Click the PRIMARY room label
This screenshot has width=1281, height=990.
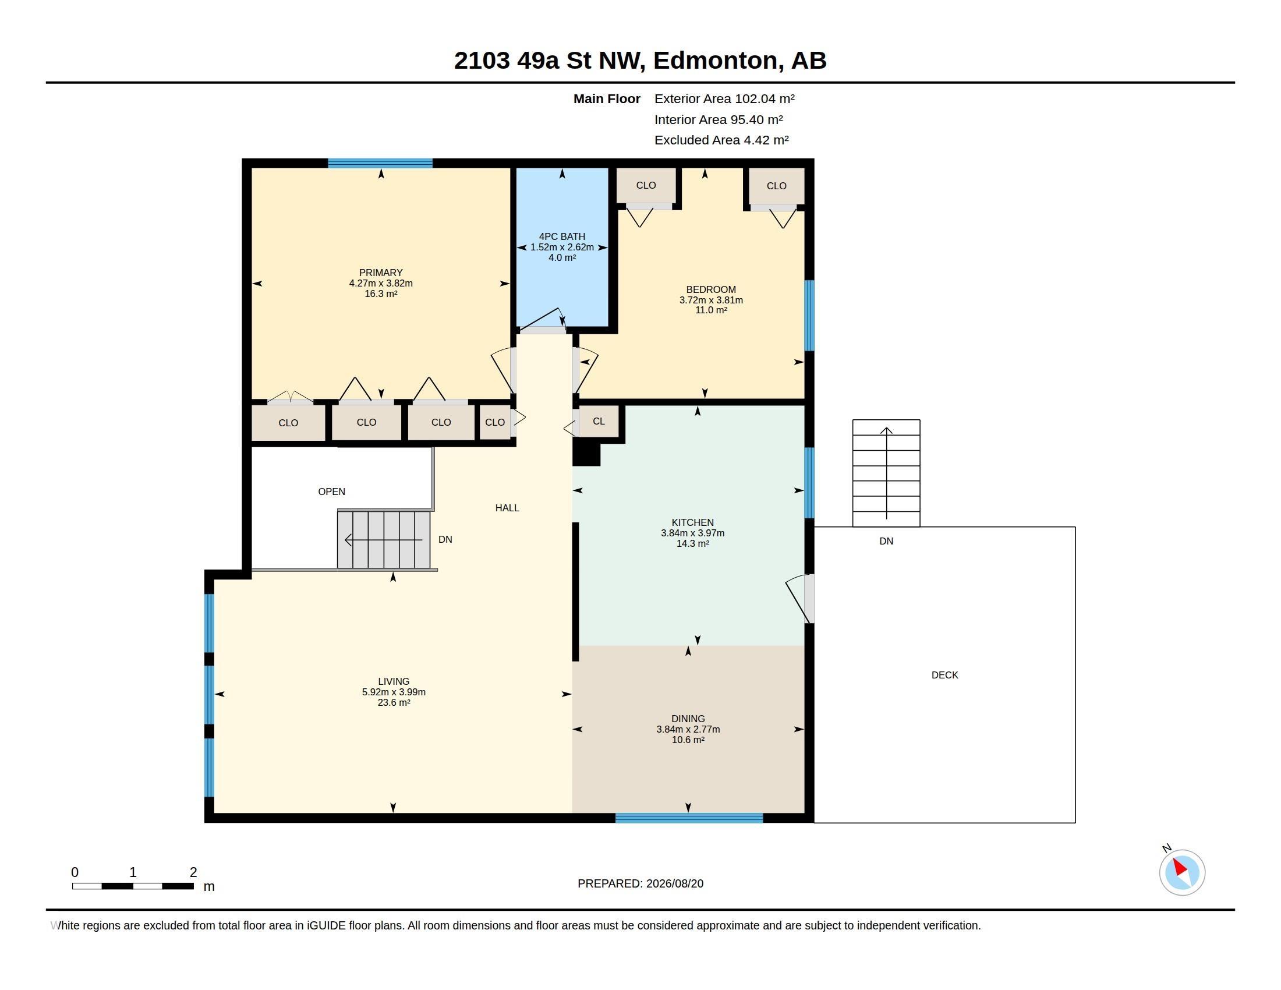click(381, 273)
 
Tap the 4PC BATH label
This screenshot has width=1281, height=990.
click(562, 236)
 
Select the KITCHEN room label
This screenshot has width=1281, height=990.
click(693, 522)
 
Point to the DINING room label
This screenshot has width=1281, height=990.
click(688, 719)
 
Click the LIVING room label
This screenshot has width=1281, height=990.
click(394, 681)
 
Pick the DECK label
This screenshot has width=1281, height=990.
click(945, 675)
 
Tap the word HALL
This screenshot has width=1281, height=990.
click(507, 508)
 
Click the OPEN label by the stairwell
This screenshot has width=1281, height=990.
click(331, 492)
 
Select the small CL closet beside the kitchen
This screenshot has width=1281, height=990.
click(599, 421)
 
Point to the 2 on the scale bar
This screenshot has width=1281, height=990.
click(193, 872)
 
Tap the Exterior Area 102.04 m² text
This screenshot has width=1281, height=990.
click(724, 98)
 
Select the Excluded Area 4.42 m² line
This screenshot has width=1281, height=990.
click(721, 140)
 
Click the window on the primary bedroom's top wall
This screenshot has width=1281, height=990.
click(380, 163)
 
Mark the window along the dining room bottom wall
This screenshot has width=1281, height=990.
click(689, 818)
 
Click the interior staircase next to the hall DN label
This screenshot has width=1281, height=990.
click(384, 540)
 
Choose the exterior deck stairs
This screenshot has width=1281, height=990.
click(886, 473)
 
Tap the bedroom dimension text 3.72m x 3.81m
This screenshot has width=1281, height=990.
click(711, 300)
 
